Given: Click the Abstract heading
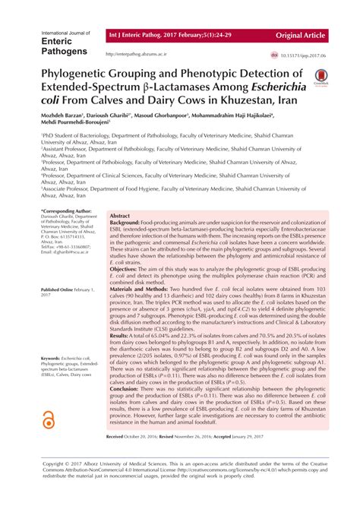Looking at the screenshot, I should click(x=120, y=216).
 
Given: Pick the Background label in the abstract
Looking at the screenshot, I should click(x=128, y=223).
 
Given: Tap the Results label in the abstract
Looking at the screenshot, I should click(x=122, y=335).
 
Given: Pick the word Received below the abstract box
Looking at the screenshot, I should click(x=118, y=459).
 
